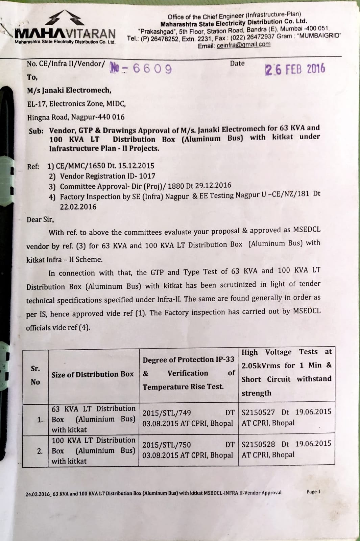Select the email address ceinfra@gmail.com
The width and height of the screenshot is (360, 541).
pos(243,45)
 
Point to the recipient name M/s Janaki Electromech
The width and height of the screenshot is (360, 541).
pos(69,90)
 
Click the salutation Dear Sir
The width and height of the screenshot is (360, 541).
pos(40,219)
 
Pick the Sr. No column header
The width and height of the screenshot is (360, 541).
pos(35,375)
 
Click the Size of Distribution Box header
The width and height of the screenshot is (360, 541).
pos(93,374)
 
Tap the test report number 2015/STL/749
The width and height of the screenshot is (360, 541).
pos(166,413)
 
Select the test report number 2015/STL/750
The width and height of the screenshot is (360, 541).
pos(166,445)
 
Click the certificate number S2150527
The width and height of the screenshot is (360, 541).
pos(258,412)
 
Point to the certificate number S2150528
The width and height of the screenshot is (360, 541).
pos(258,444)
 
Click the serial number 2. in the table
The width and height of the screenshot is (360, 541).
pos(40,451)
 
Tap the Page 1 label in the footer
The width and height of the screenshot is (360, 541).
pos(313,492)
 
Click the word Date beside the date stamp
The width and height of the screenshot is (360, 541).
pos(237,64)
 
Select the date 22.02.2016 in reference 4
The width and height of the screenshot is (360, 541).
pos(78,207)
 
